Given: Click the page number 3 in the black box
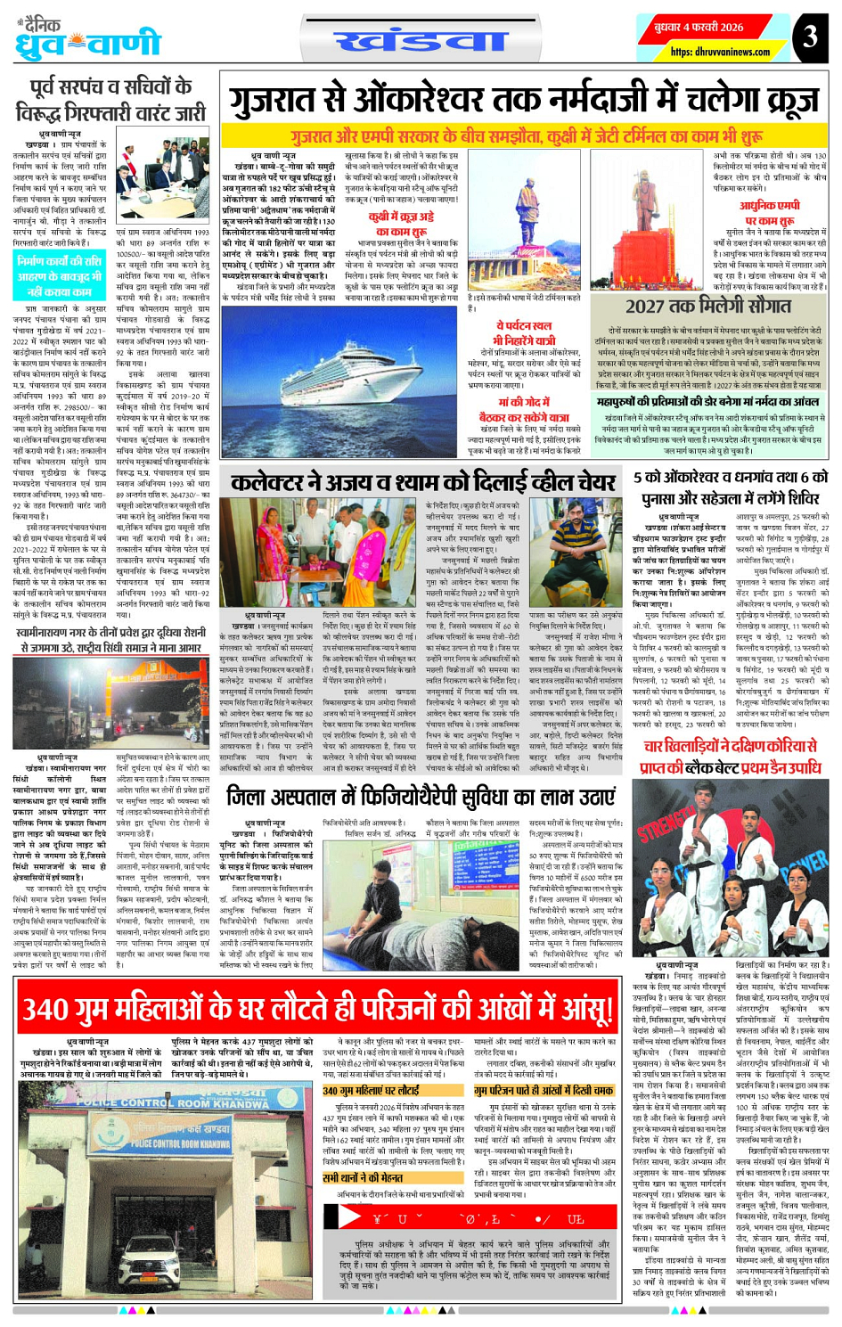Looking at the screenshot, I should (x=809, y=37).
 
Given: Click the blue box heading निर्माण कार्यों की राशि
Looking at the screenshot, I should (x=60, y=275).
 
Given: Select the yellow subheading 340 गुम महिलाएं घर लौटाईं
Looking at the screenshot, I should (x=371, y=1091).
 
